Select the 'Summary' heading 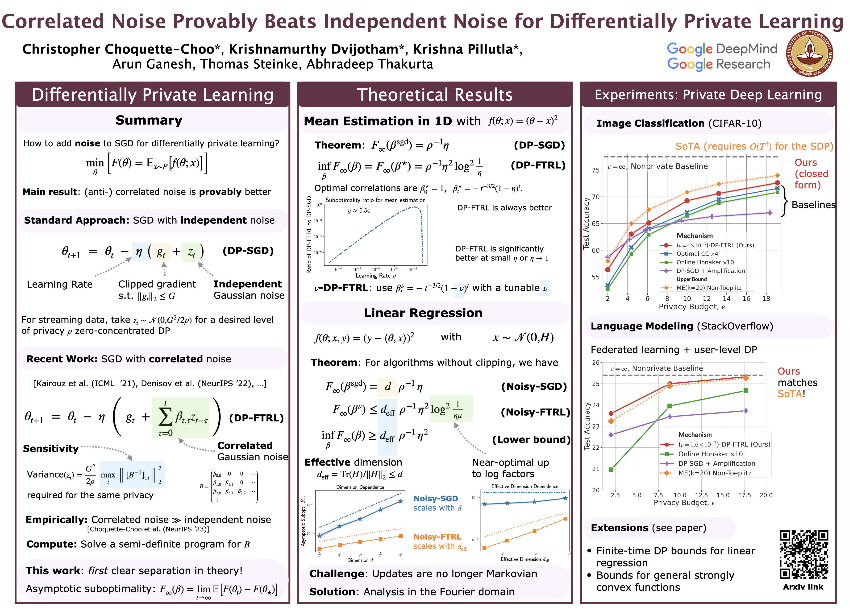(149, 120)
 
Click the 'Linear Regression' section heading (423, 313)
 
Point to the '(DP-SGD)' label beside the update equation (248, 251)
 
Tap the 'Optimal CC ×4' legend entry (697, 254)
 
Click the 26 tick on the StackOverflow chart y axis (595, 363)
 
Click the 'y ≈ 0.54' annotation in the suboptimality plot (359, 211)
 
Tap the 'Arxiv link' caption (803, 587)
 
